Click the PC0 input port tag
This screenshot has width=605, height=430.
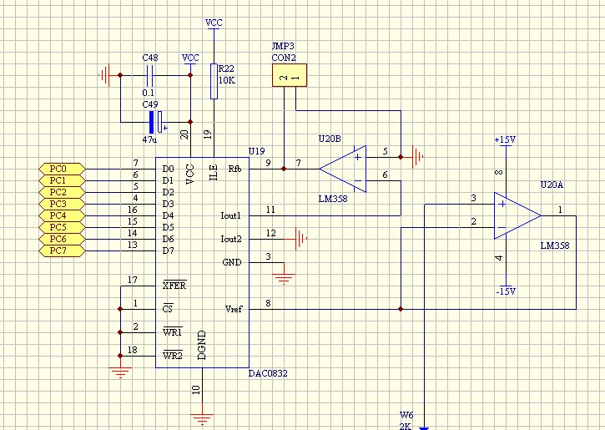coord(60,168)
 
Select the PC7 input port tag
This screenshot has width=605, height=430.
coord(60,250)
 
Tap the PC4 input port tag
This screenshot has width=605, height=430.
coord(60,215)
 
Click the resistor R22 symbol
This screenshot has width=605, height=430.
coord(214,82)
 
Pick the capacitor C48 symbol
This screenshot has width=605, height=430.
coord(150,75)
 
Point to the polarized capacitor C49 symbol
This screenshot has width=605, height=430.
coord(154,121)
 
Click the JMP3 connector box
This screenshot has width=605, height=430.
coord(288,77)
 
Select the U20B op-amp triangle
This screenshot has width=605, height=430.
coord(343,168)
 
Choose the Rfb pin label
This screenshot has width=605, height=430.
coord(234,169)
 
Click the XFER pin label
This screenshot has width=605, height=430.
coord(174,286)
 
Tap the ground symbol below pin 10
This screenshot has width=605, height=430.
coord(202,414)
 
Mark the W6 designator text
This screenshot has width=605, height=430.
coord(406,414)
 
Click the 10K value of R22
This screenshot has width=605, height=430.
coord(226,81)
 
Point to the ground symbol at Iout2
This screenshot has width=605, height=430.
coord(300,239)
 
